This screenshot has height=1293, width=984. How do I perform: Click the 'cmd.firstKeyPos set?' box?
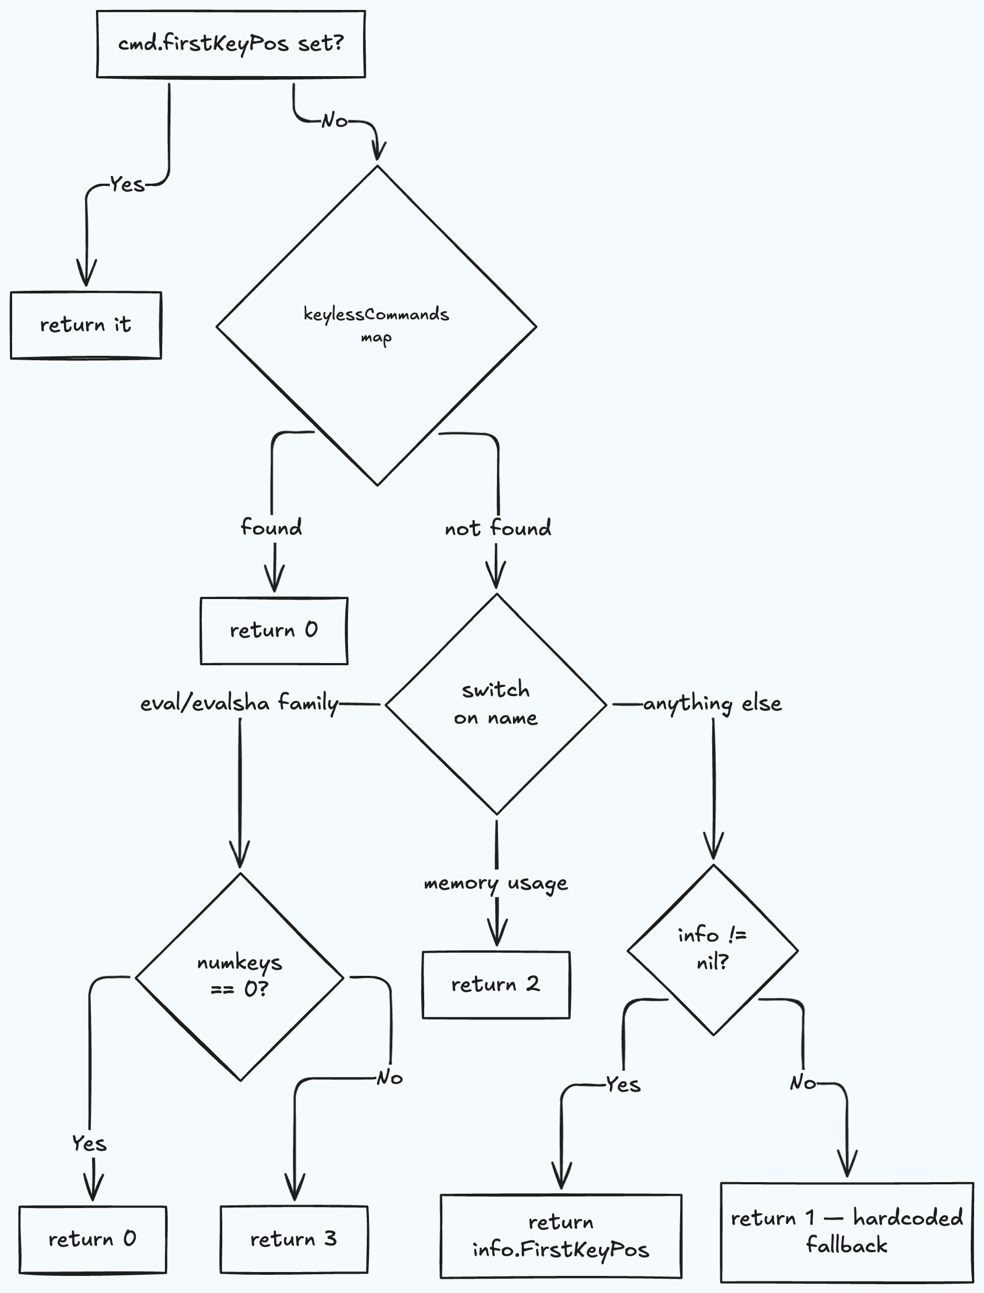[231, 44]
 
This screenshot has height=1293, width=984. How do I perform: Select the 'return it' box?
[85, 325]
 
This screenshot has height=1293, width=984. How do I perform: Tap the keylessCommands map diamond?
[377, 325]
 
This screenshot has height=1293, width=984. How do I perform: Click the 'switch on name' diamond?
[496, 704]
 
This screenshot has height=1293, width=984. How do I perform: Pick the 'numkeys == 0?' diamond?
[239, 977]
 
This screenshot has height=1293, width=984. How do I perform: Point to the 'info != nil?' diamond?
[713, 950]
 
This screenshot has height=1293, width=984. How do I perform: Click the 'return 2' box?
[496, 985]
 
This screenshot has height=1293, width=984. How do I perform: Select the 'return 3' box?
[294, 1239]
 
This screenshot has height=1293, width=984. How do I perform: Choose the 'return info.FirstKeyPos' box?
[561, 1236]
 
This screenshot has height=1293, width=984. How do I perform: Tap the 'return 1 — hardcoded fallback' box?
[847, 1232]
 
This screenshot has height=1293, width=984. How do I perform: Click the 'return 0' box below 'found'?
[274, 631]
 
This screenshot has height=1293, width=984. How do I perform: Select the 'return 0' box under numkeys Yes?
[93, 1239]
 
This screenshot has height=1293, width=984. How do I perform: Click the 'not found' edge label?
[498, 529]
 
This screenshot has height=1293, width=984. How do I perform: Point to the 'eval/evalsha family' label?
[239, 703]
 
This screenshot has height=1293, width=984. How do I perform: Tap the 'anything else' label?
[713, 703]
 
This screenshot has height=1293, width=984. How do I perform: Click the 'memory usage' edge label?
[496, 883]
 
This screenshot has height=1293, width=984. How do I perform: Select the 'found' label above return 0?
[271, 527]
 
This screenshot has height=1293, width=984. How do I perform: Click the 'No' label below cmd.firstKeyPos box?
[334, 121]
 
